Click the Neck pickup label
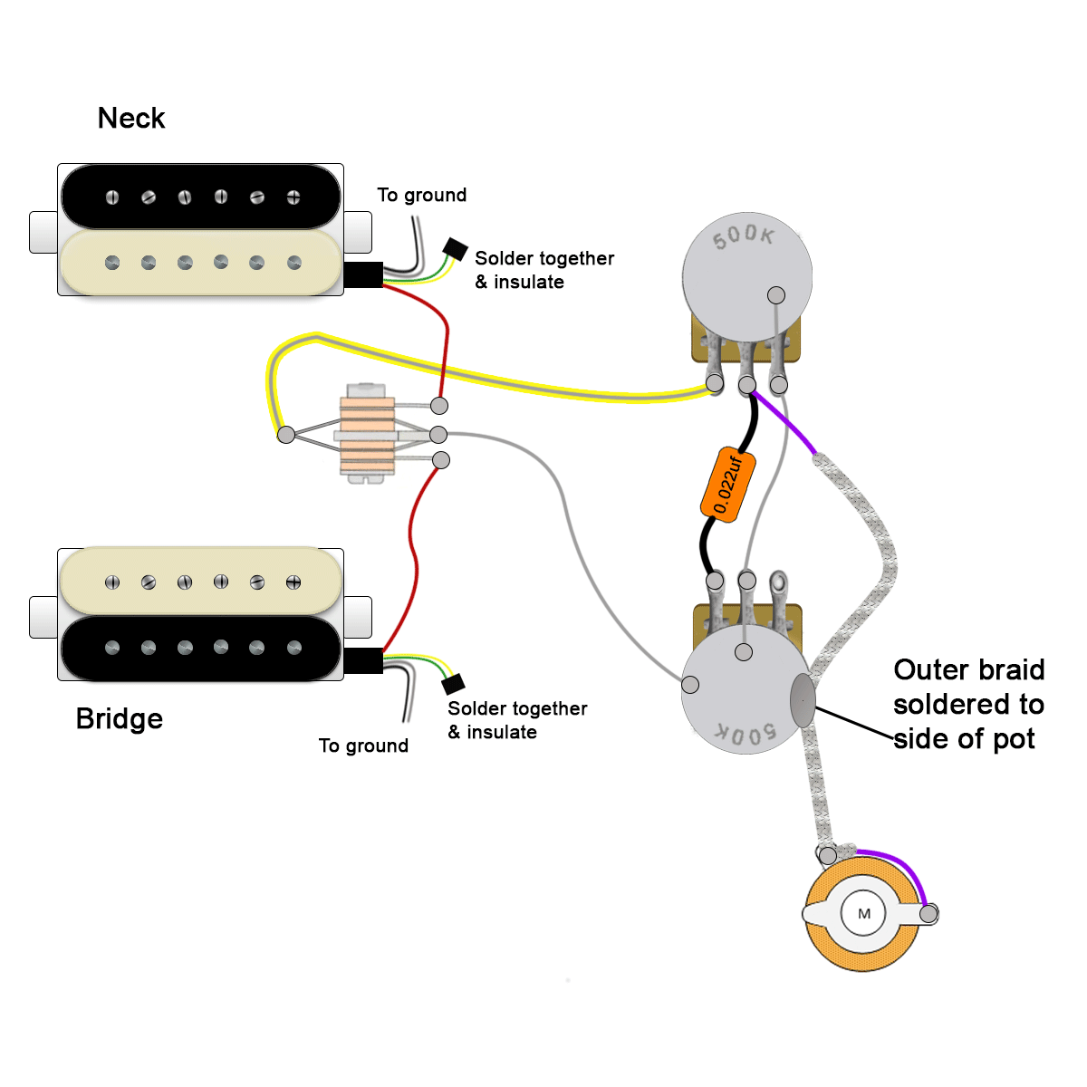click(131, 119)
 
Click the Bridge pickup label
click(120, 718)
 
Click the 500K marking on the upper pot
click(743, 236)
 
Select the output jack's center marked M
click(863, 913)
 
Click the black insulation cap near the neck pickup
click(455, 249)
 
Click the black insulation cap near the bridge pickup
click(453, 683)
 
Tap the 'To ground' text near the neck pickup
click(421, 195)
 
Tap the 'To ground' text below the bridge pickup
click(363, 746)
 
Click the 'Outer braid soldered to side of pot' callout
click(967, 704)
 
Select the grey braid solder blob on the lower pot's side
click(803, 700)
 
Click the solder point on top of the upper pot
click(776, 295)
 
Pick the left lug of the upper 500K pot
click(715, 384)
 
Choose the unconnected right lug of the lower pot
click(778, 581)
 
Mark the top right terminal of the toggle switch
click(439, 406)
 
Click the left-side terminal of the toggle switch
click(286, 435)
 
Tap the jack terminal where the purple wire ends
click(928, 914)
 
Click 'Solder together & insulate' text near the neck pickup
click(543, 270)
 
